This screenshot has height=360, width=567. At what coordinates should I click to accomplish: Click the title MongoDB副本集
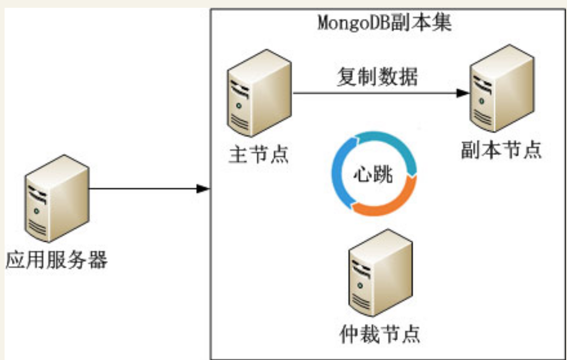click(384, 23)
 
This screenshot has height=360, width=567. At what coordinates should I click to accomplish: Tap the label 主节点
click(259, 154)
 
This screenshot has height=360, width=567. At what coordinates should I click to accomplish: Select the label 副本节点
click(501, 150)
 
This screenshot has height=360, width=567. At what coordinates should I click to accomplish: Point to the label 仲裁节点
click(380, 334)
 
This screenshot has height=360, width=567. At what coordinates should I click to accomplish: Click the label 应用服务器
click(57, 260)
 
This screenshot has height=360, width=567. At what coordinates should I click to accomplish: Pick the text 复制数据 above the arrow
click(378, 77)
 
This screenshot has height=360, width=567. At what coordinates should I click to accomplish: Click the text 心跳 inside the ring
click(373, 174)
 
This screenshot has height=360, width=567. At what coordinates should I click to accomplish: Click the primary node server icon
click(259, 93)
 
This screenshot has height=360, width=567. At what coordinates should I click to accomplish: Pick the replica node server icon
click(502, 89)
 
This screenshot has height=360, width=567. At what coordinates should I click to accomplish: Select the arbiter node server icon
click(380, 273)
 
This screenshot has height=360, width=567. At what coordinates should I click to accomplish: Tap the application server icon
click(57, 199)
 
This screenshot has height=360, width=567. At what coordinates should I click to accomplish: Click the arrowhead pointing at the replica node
click(463, 93)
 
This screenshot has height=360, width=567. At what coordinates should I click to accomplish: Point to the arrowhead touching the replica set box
click(203, 189)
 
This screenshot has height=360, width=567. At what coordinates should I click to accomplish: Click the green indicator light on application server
click(37, 211)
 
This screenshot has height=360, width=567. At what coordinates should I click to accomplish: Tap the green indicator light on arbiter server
click(360, 285)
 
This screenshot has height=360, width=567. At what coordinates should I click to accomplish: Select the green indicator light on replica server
click(481, 101)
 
